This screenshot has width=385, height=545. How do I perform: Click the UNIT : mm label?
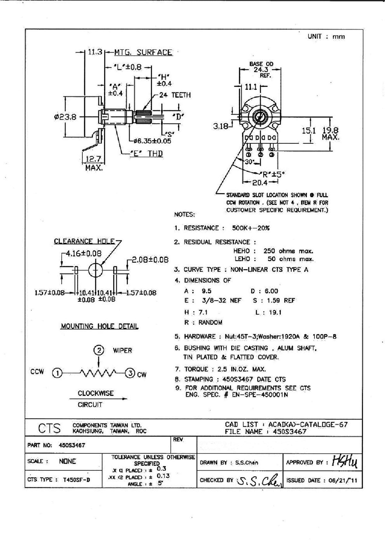[326, 37]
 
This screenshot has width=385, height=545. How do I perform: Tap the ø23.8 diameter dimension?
[65, 117]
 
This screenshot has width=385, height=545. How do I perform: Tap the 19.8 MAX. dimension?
[330, 134]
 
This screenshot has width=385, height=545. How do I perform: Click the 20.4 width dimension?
[260, 183]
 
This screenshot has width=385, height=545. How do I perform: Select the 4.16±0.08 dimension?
[83, 254]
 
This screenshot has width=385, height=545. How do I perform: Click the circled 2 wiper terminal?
[98, 350]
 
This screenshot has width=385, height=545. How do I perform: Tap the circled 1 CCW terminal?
[57, 373]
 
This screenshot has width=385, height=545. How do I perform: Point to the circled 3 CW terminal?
[130, 373]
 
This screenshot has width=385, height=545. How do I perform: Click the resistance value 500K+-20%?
[251, 228]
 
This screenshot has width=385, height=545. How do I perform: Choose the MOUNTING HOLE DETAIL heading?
[99, 326]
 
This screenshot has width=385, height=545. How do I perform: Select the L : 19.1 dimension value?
[269, 312]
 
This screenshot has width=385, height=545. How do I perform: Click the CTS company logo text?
[49, 428]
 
